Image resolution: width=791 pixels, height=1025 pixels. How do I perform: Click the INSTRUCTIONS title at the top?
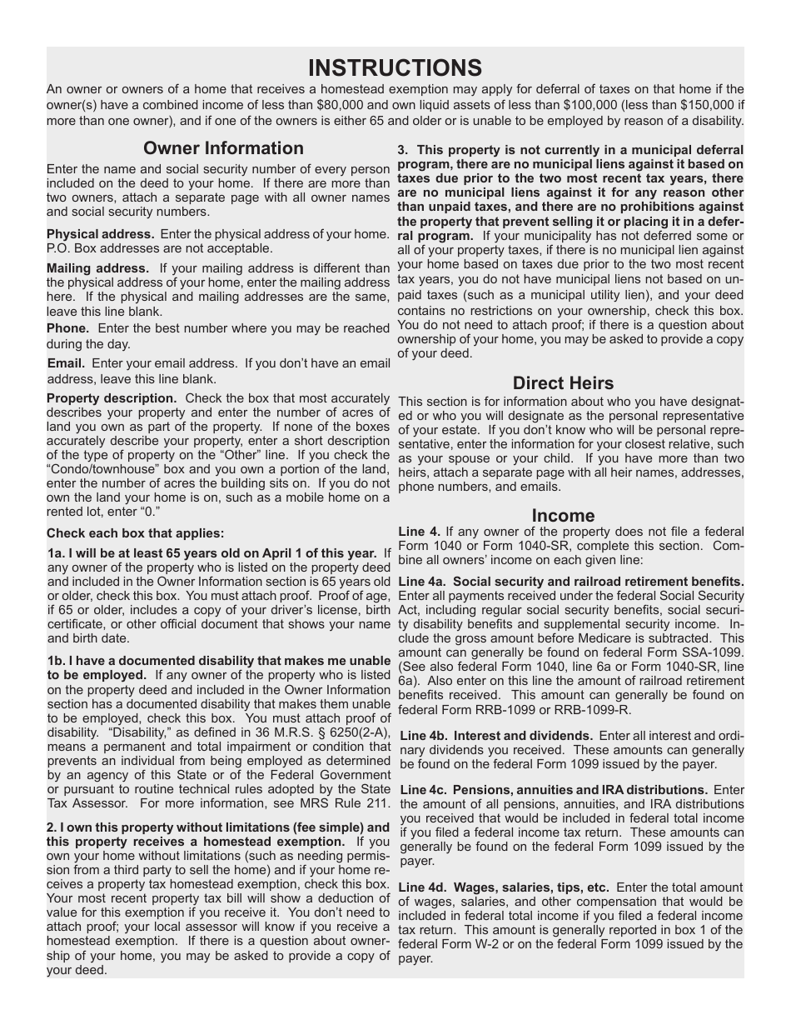395,67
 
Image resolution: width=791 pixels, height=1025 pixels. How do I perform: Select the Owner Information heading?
223,148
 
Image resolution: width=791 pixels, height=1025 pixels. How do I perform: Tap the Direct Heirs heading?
563,383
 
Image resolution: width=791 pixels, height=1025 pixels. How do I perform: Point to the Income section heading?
563,516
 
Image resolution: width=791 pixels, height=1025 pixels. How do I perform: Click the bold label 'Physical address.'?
101,234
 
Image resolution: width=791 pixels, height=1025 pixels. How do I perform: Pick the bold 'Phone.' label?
67,328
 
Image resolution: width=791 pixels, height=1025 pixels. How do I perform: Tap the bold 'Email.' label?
66,363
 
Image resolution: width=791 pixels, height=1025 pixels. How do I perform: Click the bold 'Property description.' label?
112,398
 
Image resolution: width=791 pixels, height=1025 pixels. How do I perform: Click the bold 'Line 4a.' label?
423,582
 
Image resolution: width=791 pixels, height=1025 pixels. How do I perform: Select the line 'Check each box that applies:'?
135,533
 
